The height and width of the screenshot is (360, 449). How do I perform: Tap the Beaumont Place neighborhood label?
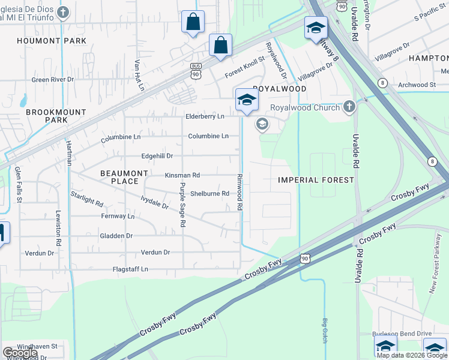pos(124,177)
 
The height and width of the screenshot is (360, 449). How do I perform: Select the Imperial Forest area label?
pos(316,180)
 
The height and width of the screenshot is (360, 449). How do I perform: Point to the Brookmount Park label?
pos(55,116)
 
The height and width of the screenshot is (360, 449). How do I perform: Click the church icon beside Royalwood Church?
pos(349,107)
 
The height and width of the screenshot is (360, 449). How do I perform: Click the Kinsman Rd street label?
pos(182,175)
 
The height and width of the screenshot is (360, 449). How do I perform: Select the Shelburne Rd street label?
pos(209,193)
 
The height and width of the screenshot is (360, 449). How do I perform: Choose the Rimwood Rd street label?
pos(239,192)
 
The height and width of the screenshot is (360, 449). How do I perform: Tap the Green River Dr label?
pos(52,79)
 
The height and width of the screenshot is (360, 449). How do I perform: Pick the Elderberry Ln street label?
pos(205,116)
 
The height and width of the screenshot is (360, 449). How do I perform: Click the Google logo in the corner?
pos(20,353)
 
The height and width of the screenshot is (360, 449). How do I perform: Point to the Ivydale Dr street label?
pos(154,202)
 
